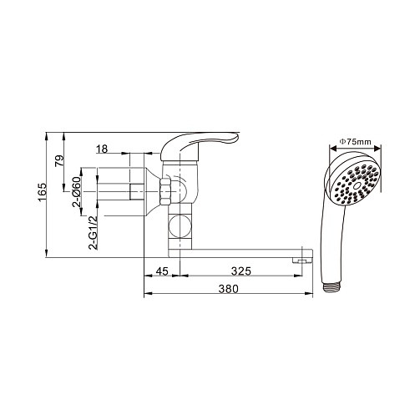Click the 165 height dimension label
[42, 192]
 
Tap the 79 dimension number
[59, 161]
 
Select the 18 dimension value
[102, 149]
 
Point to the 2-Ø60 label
[77, 192]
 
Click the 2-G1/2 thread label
[93, 232]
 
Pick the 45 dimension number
[162, 271]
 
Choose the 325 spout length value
[241, 271]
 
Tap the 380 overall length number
[228, 289]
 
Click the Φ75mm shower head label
[355, 142]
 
